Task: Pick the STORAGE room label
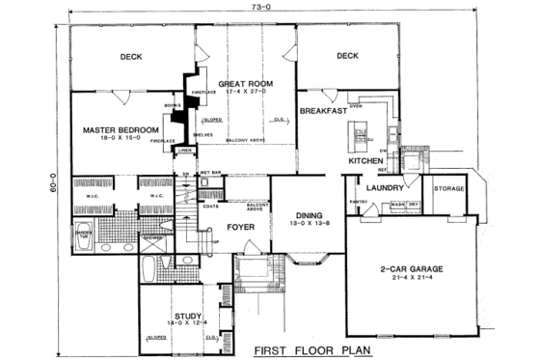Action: [x=449, y=188]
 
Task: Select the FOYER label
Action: [x=240, y=228]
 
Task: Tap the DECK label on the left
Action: [x=132, y=57]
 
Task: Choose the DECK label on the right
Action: [x=347, y=57]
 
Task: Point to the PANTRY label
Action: [x=359, y=202]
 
